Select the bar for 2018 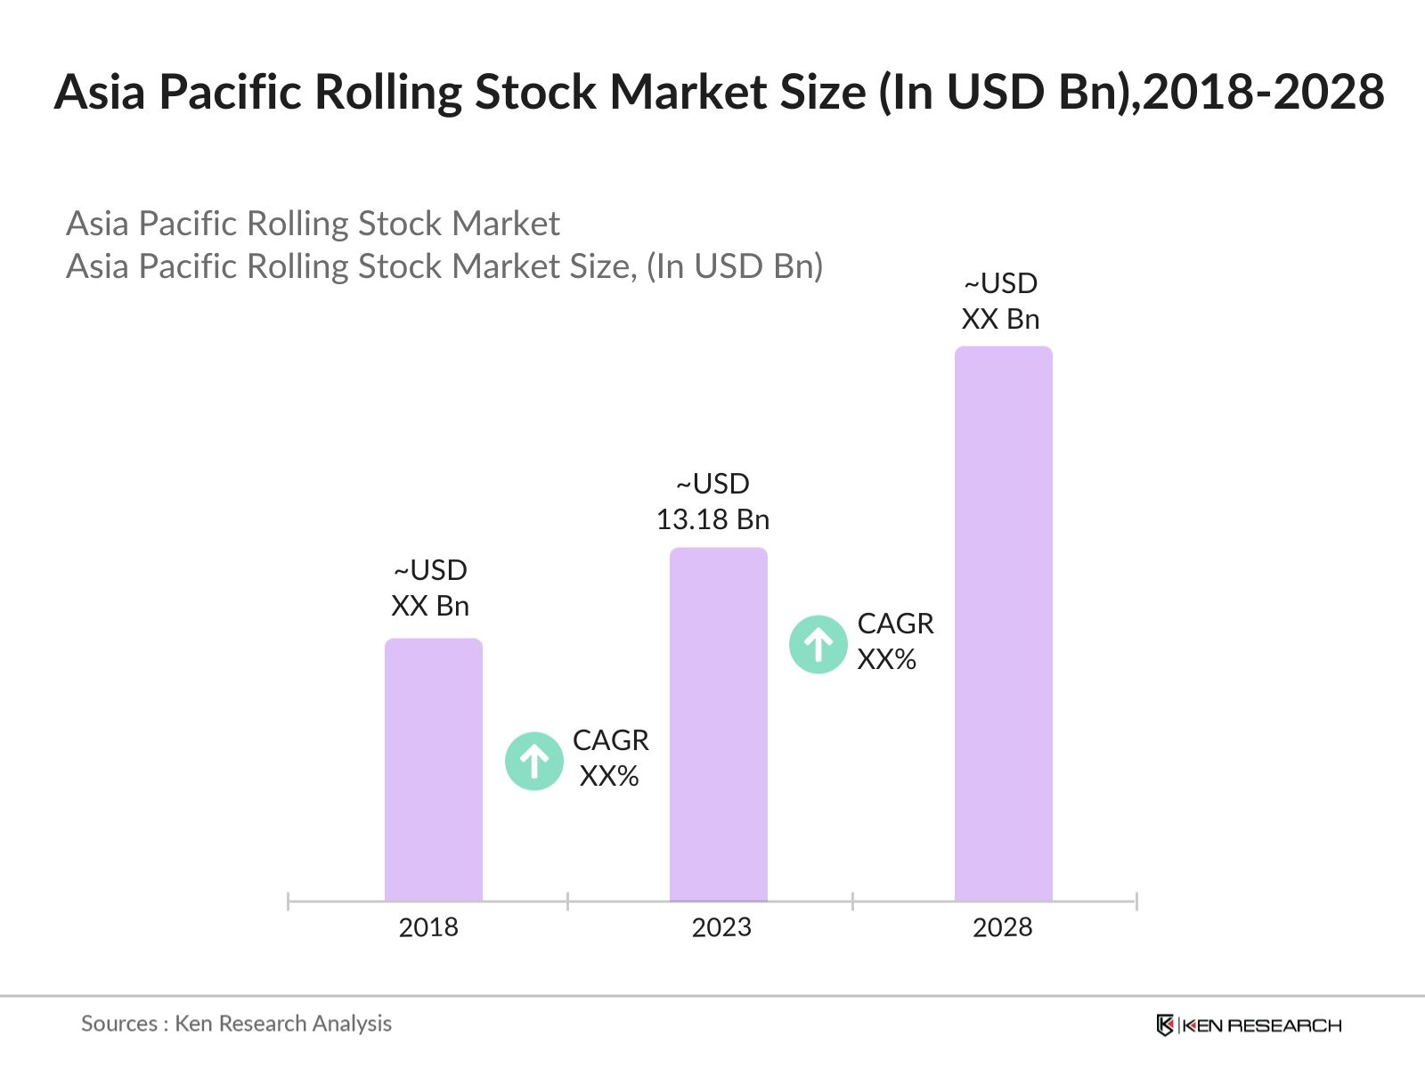tap(433, 771)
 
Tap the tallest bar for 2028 tap(1003, 624)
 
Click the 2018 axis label tap(428, 927)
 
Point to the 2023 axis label tap(721, 927)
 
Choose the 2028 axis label tap(1002, 927)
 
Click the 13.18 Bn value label tap(712, 519)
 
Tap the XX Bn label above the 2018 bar tap(430, 606)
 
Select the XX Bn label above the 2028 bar tap(1000, 319)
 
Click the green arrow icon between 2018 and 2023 tap(533, 761)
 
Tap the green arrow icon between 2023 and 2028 tap(818, 644)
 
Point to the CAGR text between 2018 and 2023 tap(610, 740)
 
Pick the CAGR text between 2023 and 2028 tap(895, 624)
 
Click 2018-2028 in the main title tap(1263, 92)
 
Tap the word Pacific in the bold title tap(232, 92)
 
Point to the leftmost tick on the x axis tap(289, 902)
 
